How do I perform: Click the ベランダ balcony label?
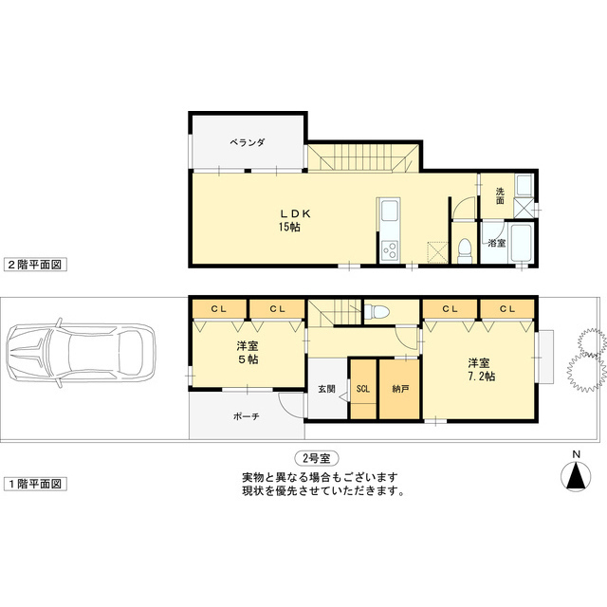click(x=247, y=142)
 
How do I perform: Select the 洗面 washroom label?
click(x=500, y=195)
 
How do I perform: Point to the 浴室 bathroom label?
click(x=496, y=244)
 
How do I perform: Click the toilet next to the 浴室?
click(x=464, y=248)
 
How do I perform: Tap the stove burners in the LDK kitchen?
click(x=389, y=249)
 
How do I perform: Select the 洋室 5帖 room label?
click(x=248, y=353)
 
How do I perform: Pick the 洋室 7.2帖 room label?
click(x=480, y=370)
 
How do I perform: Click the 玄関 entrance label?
click(x=326, y=389)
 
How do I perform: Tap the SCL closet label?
click(x=363, y=389)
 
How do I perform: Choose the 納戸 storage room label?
click(x=399, y=389)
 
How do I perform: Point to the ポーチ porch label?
click(x=247, y=416)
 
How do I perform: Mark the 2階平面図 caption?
click(x=34, y=265)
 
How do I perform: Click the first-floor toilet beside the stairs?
click(x=377, y=312)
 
